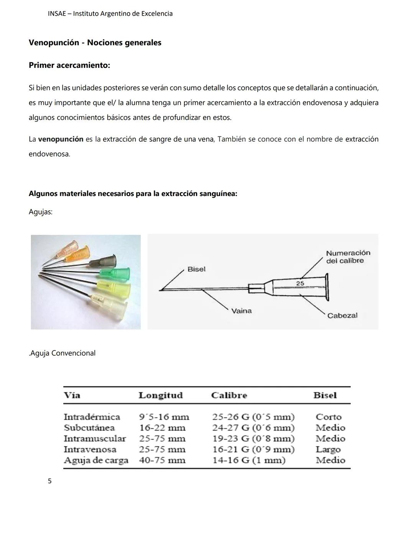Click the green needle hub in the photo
[115, 273]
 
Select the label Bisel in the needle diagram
[196, 269]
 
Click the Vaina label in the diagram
[241, 311]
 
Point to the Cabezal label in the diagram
[342, 316]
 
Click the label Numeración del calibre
[348, 257]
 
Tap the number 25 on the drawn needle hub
[300, 283]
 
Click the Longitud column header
[160, 395]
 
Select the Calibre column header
[229, 395]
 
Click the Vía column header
[72, 395]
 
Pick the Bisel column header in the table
[325, 395]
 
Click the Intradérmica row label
[92, 417]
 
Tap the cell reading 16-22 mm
[162, 428]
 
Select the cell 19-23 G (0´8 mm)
[253, 438]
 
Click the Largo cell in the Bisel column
[328, 449]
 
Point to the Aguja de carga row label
[96, 460]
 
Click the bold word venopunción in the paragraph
[61, 139]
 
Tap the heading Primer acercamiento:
[69, 65]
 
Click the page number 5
[49, 481]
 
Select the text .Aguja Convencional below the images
[62, 353]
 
